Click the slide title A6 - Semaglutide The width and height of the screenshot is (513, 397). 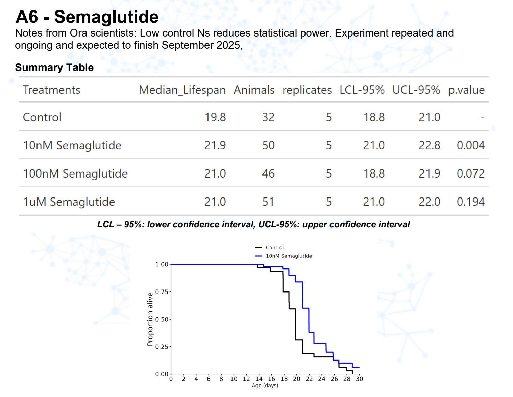(x=87, y=17)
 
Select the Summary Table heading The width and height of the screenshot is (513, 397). (x=54, y=67)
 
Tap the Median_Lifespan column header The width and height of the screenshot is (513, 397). (x=182, y=90)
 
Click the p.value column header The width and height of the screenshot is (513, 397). (x=466, y=90)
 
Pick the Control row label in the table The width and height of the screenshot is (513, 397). (x=42, y=117)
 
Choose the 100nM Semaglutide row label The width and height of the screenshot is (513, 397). (x=75, y=173)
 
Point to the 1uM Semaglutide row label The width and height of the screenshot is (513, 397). (x=69, y=202)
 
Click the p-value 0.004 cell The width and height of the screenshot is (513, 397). (x=470, y=145)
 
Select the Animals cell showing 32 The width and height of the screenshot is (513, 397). (x=268, y=117)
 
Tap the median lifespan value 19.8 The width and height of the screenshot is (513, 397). (x=215, y=117)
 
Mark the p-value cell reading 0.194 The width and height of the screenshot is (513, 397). (x=470, y=202)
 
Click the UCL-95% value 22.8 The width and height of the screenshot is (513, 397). (x=429, y=145)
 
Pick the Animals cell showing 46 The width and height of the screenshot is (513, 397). (x=268, y=173)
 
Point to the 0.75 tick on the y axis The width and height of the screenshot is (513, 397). (x=162, y=292)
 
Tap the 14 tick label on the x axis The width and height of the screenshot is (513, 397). (x=259, y=379)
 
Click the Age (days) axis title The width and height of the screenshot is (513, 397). (x=265, y=386)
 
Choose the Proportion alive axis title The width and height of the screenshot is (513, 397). (x=150, y=319)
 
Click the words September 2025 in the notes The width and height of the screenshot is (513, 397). (x=201, y=45)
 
